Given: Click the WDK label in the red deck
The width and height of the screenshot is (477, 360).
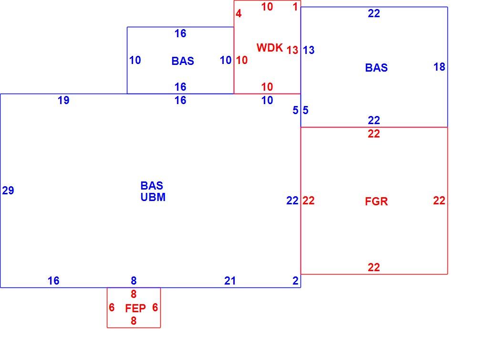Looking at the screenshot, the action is point(270,48).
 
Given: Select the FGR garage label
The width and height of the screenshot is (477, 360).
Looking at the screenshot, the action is point(376,201).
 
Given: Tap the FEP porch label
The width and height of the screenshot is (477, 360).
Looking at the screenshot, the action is point(135,308).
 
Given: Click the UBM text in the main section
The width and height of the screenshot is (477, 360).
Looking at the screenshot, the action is point(153,197).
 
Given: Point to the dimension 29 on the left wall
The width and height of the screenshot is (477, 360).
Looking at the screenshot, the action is point(8,191).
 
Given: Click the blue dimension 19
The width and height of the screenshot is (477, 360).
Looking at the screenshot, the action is point(63,100).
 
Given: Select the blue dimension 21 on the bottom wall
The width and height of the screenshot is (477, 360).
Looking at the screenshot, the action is point(230,281).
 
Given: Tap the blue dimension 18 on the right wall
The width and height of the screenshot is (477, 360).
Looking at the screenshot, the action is point(439,67).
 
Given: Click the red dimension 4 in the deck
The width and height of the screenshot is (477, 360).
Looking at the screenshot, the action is point(238,13).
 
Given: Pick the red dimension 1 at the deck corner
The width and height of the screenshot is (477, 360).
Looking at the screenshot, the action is point(295,7).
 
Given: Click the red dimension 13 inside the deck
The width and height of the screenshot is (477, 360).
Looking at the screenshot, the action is point(292,50).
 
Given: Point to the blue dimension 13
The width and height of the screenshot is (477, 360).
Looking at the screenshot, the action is point(309,50).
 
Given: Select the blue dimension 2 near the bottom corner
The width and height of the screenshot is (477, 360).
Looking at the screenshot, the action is point(295,281).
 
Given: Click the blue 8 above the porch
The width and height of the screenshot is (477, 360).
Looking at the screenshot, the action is point(134,281).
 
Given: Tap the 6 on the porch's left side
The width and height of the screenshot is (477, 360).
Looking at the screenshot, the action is point(112,307).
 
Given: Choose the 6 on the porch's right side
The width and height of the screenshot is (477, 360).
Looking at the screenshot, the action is point(155,307).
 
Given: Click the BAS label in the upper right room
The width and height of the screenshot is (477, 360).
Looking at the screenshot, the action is point(376,68).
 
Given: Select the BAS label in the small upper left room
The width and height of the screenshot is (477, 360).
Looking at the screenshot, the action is point(183,61).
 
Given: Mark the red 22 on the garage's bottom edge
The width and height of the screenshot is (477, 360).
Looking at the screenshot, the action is point(374,267).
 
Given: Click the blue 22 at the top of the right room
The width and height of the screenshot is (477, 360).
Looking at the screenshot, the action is point(374,13).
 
